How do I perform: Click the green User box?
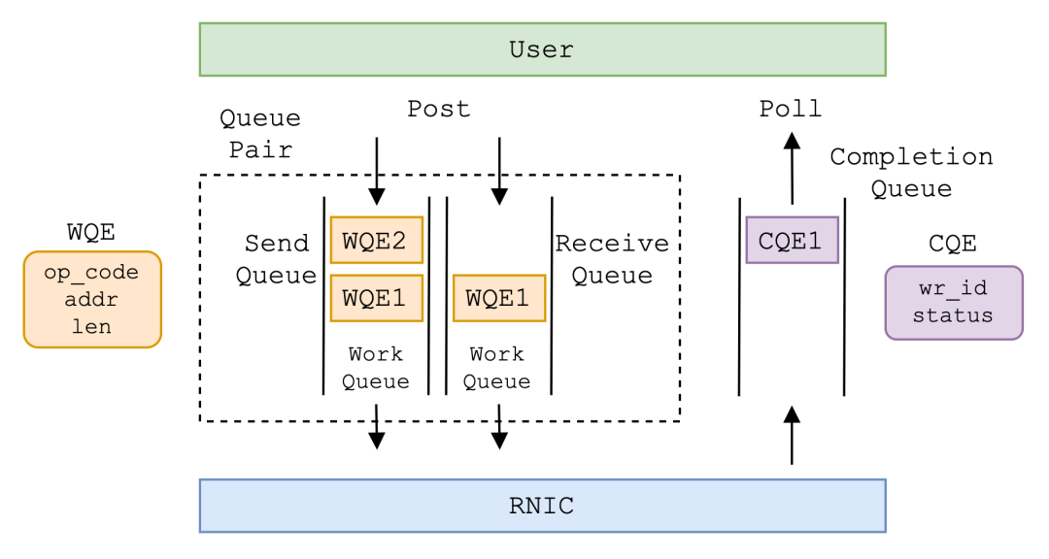point(543,49)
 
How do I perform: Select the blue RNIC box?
point(543,506)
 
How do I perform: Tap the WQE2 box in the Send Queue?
point(377,240)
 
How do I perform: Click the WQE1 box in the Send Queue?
point(377,298)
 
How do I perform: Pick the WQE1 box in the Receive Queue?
point(499,298)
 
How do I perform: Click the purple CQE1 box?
point(793,240)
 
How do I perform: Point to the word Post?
point(439,109)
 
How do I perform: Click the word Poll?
point(790,109)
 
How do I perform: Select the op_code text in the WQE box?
point(91,273)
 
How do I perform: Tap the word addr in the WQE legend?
point(91,299)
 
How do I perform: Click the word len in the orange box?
point(91,326)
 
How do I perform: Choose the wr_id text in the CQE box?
point(953,288)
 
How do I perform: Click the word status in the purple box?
point(953,315)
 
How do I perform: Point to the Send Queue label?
point(276,259)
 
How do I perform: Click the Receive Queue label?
point(612,259)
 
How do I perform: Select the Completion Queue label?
point(911,173)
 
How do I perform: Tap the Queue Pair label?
point(260,134)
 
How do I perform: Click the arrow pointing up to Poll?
point(793,169)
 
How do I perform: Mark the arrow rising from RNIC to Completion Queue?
point(793,436)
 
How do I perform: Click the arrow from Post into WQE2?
point(377,171)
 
